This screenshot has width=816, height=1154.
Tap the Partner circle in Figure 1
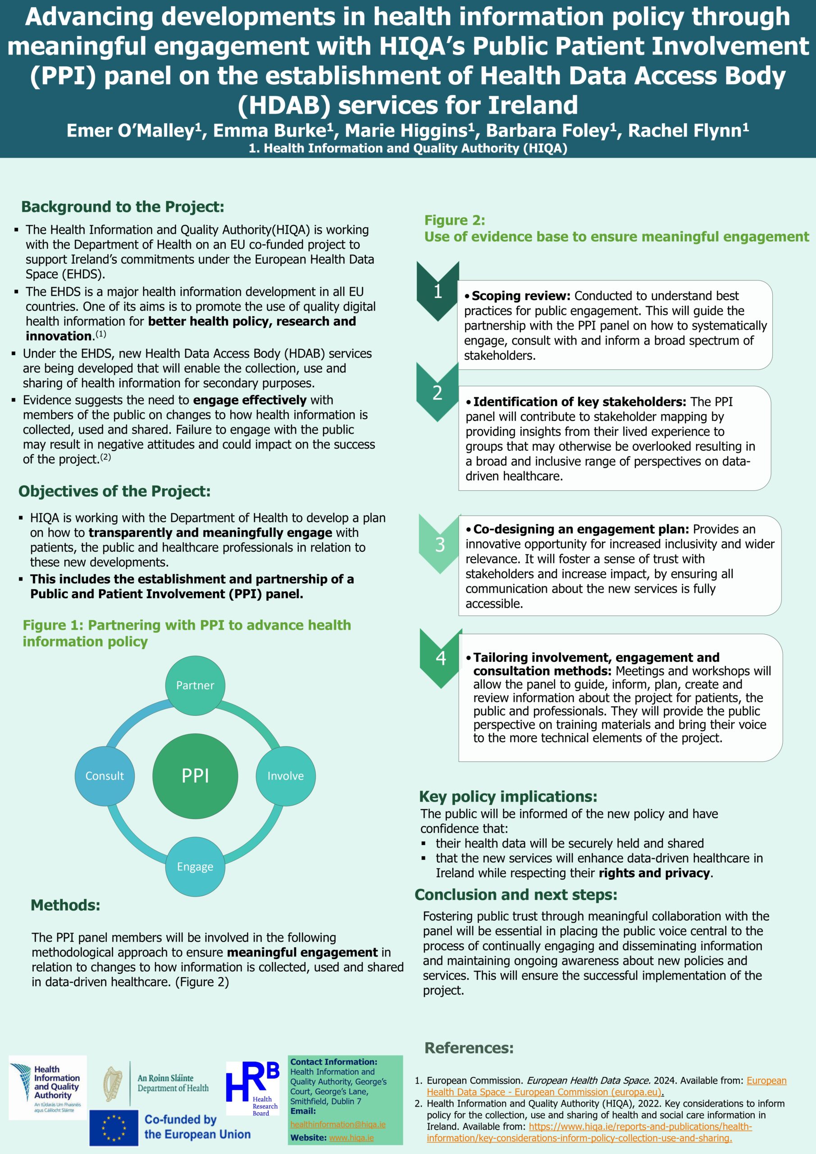[195, 686]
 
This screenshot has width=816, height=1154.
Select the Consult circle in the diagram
[105, 776]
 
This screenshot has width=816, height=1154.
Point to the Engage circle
[195, 866]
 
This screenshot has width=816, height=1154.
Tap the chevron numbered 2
[438, 392]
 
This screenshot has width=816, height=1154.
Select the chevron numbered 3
[440, 545]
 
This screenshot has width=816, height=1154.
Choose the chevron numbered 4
[441, 659]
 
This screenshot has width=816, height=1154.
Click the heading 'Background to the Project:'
[123, 206]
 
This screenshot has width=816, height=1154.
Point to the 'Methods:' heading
[65, 905]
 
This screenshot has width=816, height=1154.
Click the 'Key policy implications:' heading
[508, 797]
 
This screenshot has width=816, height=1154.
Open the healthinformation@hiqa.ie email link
[337, 1124]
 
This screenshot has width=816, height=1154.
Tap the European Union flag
[114, 1127]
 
